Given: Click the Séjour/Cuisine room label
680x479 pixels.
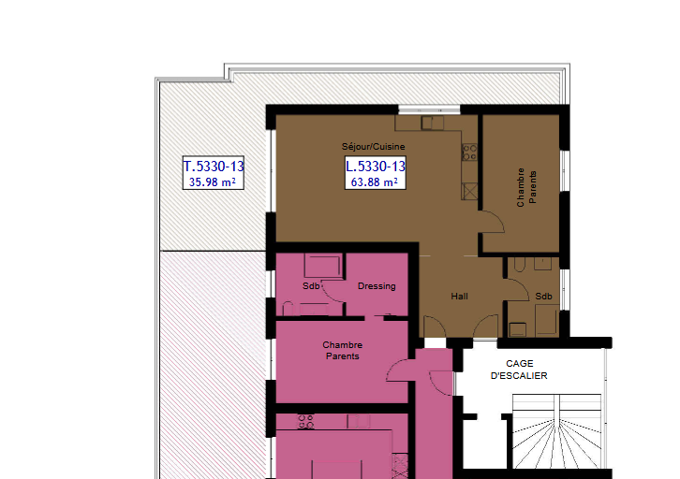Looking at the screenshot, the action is (x=373, y=146).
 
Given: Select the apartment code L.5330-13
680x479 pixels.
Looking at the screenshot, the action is (x=376, y=166).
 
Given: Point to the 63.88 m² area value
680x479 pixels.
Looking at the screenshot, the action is (x=375, y=181).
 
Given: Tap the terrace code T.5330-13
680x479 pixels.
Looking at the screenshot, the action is (x=214, y=166).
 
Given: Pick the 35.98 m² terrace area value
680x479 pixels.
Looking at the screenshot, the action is (x=213, y=181).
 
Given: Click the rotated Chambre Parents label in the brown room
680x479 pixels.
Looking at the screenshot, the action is (x=526, y=187).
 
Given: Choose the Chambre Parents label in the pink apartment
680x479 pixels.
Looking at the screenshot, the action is (x=343, y=351).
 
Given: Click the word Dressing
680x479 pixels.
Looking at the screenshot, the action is (x=377, y=286).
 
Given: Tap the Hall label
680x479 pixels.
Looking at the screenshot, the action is (x=459, y=297).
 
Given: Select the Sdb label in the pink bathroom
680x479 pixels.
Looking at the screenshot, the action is (x=311, y=286).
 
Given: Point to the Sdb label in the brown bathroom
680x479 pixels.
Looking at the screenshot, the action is (x=543, y=297).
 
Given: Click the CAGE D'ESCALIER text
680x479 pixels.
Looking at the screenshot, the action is (x=519, y=370).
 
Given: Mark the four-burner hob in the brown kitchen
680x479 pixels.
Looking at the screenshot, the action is (x=469, y=152).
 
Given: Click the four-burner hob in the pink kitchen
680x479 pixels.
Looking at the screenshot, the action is (x=305, y=421).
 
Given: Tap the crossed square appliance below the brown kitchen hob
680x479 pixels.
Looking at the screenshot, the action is (x=469, y=192).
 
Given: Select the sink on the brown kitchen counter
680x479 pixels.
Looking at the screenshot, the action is (x=433, y=123).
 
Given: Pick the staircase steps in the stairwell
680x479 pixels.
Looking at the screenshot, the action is (x=557, y=431).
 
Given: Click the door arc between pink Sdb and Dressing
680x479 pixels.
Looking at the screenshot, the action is (x=331, y=294).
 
